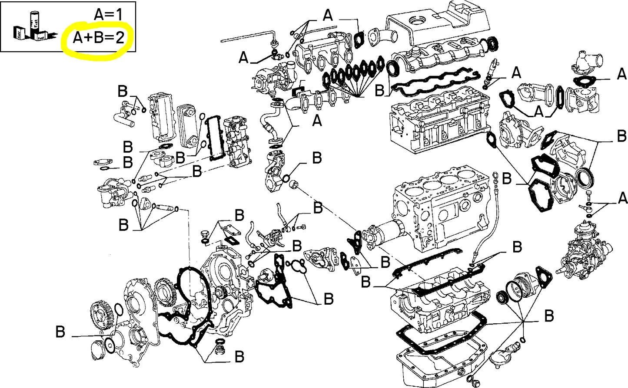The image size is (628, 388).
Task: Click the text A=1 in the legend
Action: coord(109,15)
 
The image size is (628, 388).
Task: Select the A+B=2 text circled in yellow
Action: coord(98,38)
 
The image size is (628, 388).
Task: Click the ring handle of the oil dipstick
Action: coord(495,176)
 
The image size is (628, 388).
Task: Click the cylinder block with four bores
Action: coord(439,208)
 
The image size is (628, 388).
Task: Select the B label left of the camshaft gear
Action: coord(60,332)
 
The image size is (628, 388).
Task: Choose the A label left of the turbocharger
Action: coord(244,57)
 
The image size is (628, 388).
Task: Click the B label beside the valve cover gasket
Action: coord(380,90)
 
